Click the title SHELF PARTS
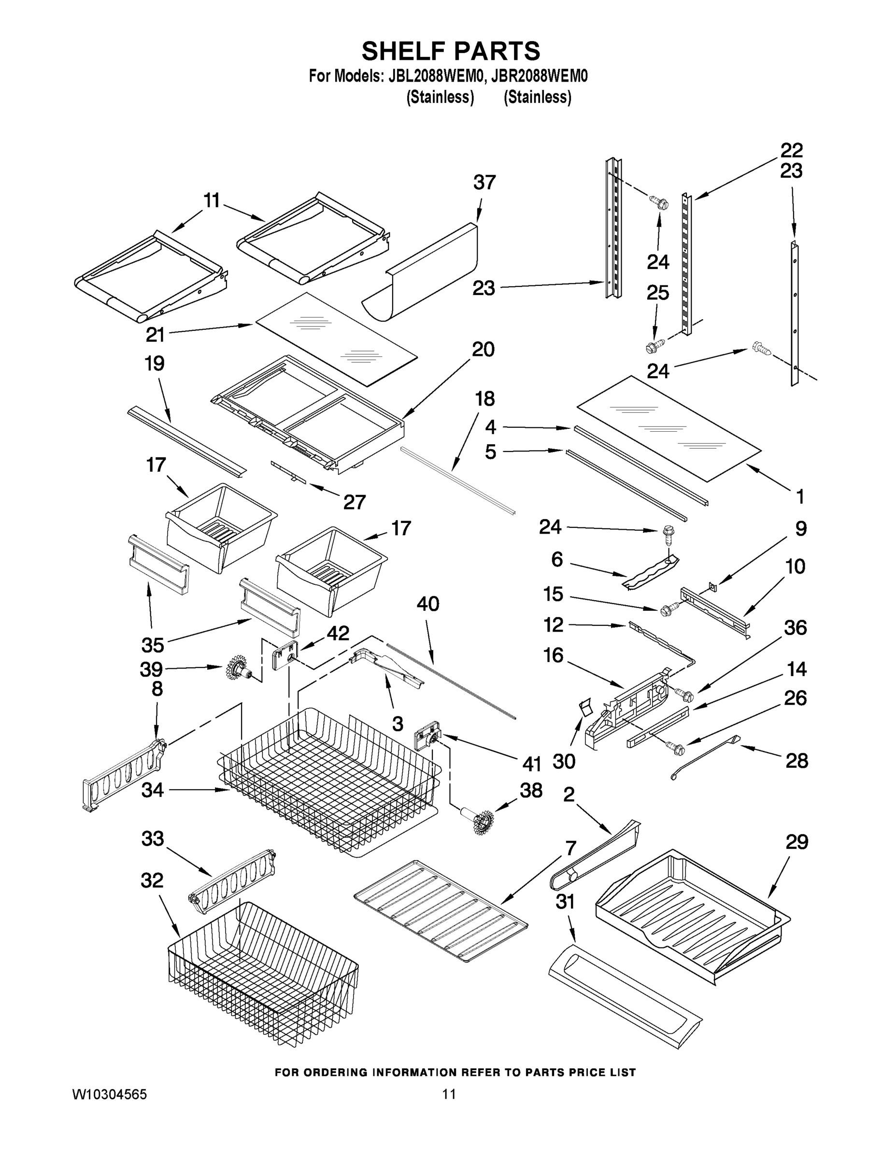coord(451,52)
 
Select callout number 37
coord(484,182)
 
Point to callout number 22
coord(791,150)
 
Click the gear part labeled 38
coord(481,821)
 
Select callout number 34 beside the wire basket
coord(152,790)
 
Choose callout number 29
coord(796,842)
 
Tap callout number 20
coord(483,349)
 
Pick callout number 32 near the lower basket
coord(152,880)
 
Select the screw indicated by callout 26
coord(676,748)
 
